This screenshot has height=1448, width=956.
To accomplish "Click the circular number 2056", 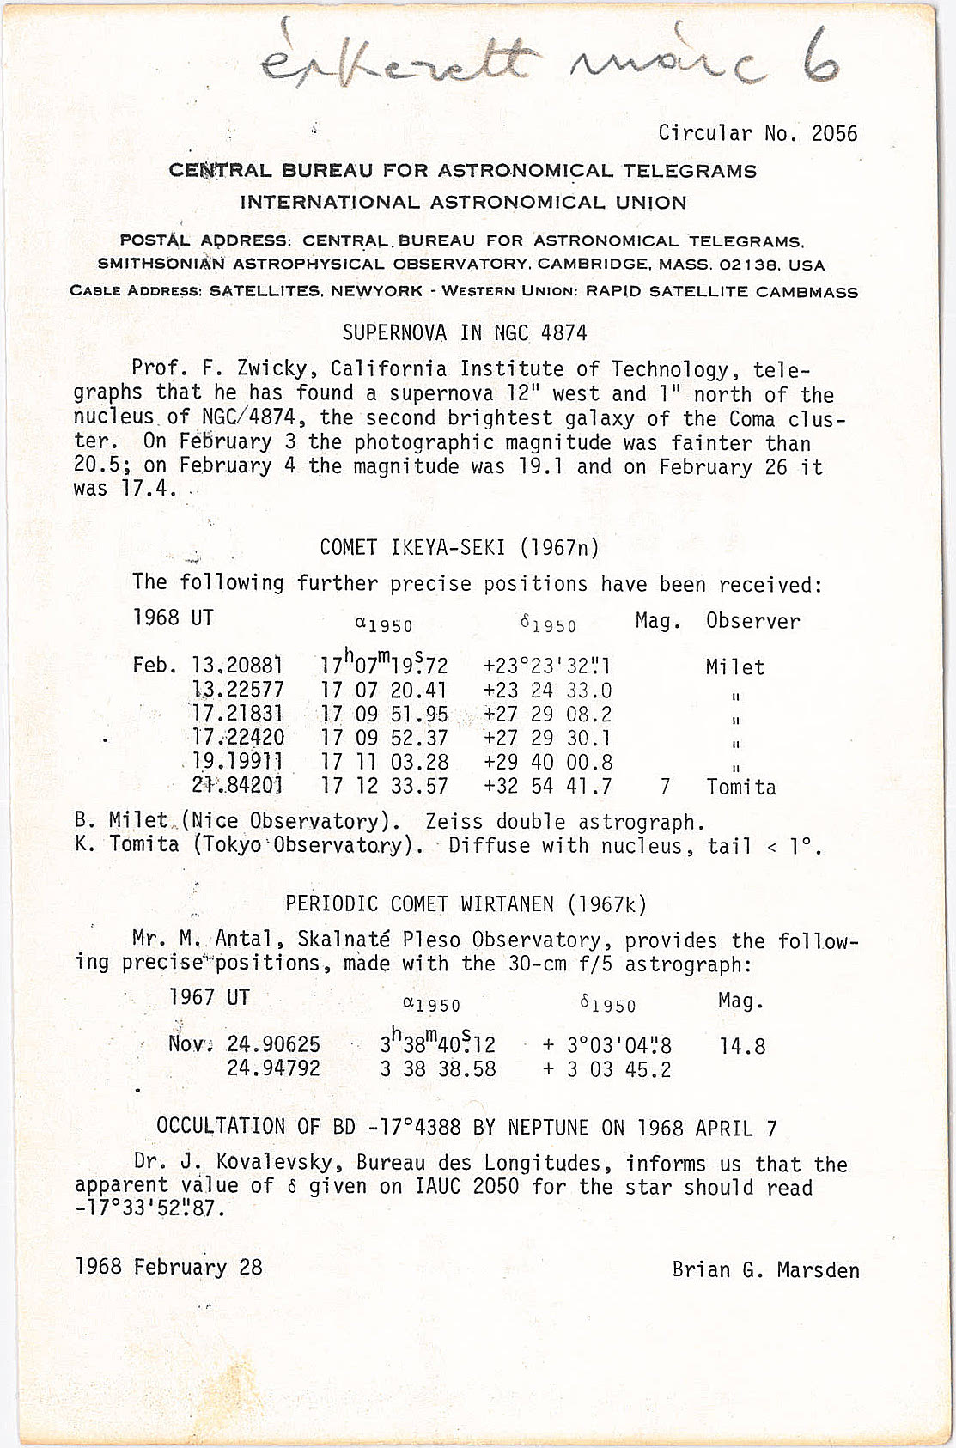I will (x=834, y=133).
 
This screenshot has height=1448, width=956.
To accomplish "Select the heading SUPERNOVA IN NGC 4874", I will (x=464, y=332).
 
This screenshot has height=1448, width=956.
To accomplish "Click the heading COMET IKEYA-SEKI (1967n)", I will (x=460, y=547).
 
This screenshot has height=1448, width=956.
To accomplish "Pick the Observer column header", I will (x=752, y=621).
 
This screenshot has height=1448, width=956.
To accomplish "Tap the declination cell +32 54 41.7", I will (x=547, y=786).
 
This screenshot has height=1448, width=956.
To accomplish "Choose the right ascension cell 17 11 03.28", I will (x=384, y=762).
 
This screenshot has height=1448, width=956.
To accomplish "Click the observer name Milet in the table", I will (x=734, y=666).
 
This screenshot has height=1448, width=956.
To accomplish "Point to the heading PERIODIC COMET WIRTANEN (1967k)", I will (x=466, y=903).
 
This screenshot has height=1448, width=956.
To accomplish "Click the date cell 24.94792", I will (x=273, y=1068).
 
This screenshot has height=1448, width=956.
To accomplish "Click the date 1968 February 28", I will (x=169, y=1268).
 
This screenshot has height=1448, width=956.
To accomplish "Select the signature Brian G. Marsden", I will (x=765, y=1269).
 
